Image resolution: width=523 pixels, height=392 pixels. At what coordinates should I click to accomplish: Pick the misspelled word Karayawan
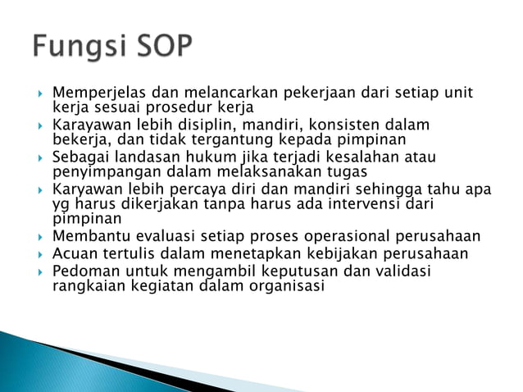tap(88, 125)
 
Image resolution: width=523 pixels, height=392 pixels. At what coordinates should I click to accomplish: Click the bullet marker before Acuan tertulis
tap(39, 253)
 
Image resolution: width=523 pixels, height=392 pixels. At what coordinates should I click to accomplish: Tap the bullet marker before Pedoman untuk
tap(39, 271)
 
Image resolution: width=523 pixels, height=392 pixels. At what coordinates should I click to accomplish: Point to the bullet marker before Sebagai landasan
tap(39, 157)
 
